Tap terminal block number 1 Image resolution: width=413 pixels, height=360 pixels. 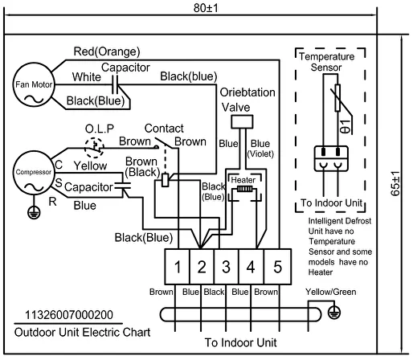pyautogui.click(x=178, y=267)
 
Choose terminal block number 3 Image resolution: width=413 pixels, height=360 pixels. pyautogui.click(x=227, y=267)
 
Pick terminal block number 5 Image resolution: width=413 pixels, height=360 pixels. pyautogui.click(x=278, y=267)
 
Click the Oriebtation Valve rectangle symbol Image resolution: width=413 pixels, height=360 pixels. pyautogui.click(x=242, y=122)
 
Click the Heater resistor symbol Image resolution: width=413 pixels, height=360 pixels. pyautogui.click(x=244, y=189)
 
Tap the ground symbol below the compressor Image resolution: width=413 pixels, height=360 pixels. pyautogui.click(x=34, y=212)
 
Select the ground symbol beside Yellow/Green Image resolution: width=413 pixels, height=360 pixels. pyautogui.click(x=334, y=313)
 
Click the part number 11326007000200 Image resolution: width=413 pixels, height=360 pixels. pyautogui.click(x=69, y=315)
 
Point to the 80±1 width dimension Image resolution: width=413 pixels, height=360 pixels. pyautogui.click(x=206, y=8)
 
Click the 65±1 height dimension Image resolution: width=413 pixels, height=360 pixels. pyautogui.click(x=395, y=184)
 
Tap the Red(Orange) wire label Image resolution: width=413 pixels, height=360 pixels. pyautogui.click(x=107, y=51)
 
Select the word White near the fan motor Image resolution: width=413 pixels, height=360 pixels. pyautogui.click(x=87, y=77)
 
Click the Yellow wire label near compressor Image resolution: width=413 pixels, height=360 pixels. pyautogui.click(x=90, y=166)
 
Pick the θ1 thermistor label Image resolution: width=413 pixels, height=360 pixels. pyautogui.click(x=345, y=126)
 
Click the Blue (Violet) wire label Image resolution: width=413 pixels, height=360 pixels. pyautogui.click(x=260, y=149)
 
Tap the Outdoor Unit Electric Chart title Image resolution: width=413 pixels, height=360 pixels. pyautogui.click(x=82, y=333)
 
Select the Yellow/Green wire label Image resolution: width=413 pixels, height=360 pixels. pyautogui.click(x=331, y=292)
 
